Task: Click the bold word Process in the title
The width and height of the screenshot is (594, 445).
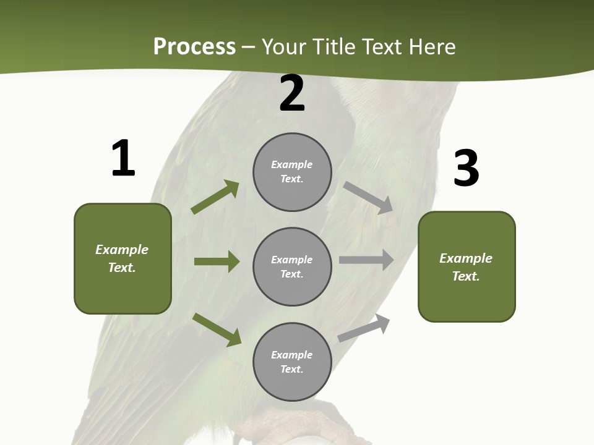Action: (x=194, y=47)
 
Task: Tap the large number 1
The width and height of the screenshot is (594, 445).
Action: (x=123, y=159)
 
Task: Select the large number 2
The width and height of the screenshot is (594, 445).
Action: (x=292, y=94)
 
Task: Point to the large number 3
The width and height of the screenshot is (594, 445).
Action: (x=467, y=169)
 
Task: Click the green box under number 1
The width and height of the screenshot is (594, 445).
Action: (x=123, y=258)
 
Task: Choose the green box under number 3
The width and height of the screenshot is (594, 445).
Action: (x=467, y=267)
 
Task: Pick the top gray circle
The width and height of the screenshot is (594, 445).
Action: (x=292, y=172)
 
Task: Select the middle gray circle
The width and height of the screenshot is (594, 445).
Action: (x=292, y=267)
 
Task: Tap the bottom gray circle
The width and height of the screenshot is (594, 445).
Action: (x=292, y=362)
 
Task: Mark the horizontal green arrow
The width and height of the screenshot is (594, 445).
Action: (x=217, y=261)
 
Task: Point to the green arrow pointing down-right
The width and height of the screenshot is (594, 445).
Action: (x=217, y=329)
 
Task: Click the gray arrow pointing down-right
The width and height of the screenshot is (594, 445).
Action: (x=369, y=197)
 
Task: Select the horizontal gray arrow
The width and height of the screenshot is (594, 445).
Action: (x=366, y=260)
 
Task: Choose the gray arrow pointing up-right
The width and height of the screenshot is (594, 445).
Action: (x=364, y=328)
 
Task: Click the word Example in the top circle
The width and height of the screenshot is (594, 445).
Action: (x=292, y=165)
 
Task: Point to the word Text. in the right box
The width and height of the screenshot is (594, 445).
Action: (x=466, y=276)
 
